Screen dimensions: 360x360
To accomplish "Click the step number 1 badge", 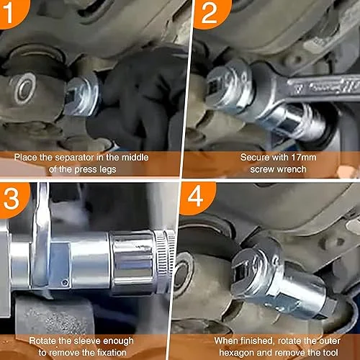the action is pyautogui.click(x=12, y=12).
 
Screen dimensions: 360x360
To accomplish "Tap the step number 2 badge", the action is pyautogui.click(x=210, y=12).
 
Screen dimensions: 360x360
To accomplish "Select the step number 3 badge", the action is pyautogui.click(x=12, y=199).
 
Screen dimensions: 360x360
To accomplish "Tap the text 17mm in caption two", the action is pyautogui.click(x=304, y=158).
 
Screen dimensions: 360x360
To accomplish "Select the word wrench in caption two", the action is pyautogui.click(x=290, y=169).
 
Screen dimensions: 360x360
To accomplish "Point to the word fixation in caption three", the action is pyautogui.click(x=112, y=353).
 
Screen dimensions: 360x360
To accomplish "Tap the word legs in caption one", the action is pyautogui.click(x=107, y=170).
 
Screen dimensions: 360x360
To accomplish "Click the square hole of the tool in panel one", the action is pyautogui.click(x=70, y=96).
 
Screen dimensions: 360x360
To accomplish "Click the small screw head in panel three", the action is pyautogui.click(x=65, y=282).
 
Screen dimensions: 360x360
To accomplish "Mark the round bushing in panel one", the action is pyautogui.click(x=24, y=89).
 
